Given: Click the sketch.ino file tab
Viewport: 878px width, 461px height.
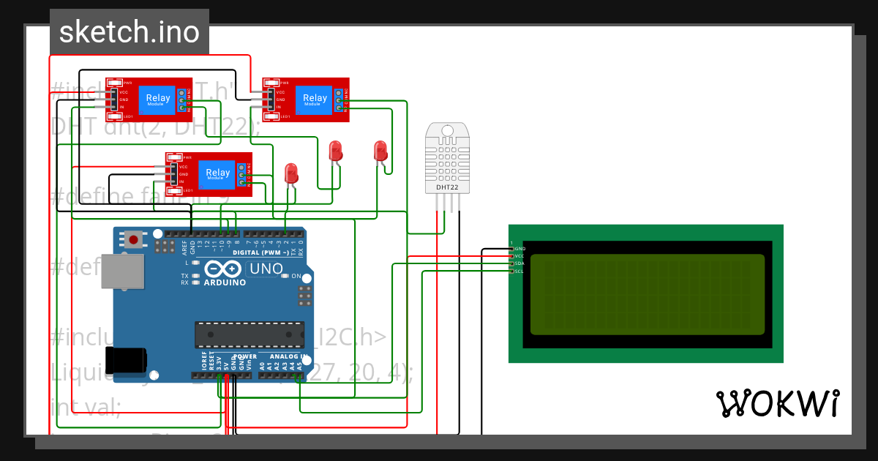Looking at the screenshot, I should click(x=129, y=32).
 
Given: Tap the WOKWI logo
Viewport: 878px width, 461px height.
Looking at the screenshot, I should click(x=777, y=403).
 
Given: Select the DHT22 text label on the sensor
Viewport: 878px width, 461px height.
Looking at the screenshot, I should click(x=447, y=187).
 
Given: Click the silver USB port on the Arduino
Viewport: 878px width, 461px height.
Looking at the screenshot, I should click(x=123, y=271).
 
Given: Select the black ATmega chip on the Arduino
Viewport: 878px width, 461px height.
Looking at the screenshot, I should click(x=249, y=334).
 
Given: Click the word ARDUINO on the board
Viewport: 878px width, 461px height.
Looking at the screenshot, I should click(x=225, y=282).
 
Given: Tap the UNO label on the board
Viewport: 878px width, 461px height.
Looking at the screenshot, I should click(x=266, y=269).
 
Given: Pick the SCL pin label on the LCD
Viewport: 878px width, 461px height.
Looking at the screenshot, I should click(x=519, y=271).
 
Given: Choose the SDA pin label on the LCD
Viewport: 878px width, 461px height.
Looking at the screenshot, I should click(x=519, y=263).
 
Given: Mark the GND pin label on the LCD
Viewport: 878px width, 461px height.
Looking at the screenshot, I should click(x=519, y=249).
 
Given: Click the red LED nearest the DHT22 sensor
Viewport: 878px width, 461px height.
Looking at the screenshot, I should click(x=380, y=151).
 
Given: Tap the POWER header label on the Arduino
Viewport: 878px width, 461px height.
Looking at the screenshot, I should click(x=245, y=356).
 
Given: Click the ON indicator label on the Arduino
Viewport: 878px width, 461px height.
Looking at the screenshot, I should click(x=296, y=277).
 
